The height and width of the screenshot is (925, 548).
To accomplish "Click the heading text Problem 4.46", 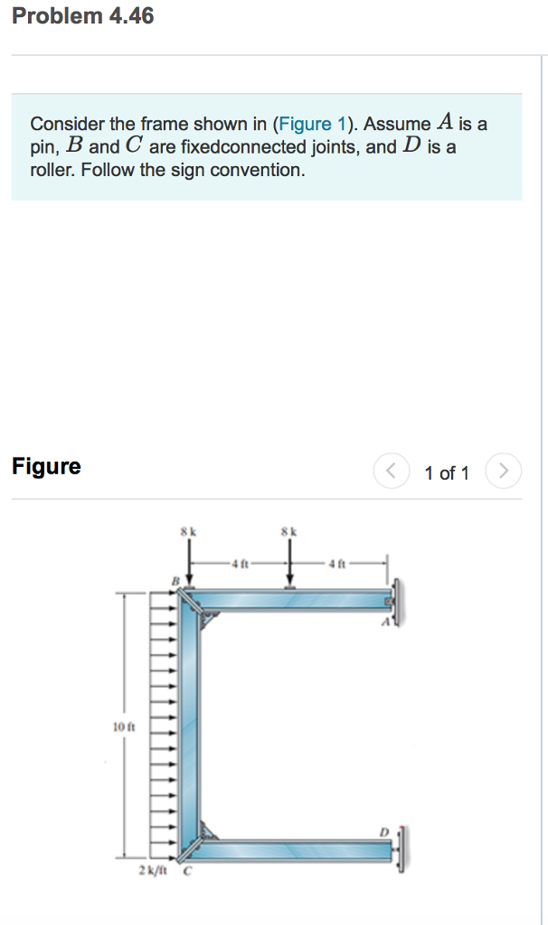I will [83, 16].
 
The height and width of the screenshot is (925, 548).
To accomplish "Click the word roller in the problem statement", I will [52, 169].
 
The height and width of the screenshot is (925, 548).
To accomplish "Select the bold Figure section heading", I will [46, 467].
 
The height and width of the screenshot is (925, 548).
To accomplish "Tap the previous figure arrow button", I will [391, 472].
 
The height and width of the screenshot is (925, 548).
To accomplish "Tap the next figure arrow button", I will [504, 472].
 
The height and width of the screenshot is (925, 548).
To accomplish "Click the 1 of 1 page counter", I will [447, 473].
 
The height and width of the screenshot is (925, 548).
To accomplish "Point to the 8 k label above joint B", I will [187, 532].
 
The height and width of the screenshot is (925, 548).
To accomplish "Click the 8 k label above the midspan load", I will [289, 532].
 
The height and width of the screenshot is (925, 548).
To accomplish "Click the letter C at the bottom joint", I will [188, 872].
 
